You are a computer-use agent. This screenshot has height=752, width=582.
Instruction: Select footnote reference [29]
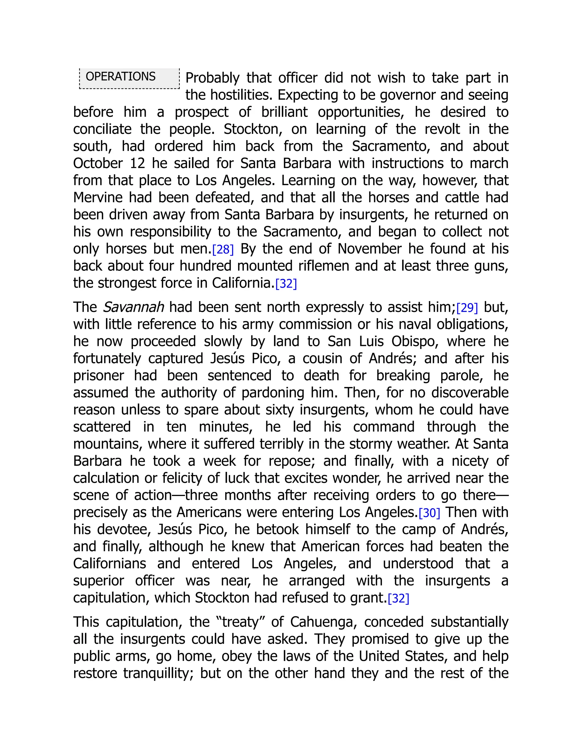coord(467,308)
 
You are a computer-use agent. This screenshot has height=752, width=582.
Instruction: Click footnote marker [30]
coord(429,513)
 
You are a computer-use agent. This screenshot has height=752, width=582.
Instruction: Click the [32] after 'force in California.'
coord(286,284)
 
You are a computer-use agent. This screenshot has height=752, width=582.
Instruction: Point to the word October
coord(97,163)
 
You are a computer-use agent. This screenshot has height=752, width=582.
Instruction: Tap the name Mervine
coord(97,198)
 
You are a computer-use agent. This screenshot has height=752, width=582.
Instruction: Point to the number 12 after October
coord(138,163)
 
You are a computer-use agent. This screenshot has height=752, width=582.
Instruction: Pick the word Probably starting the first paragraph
coord(212,78)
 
